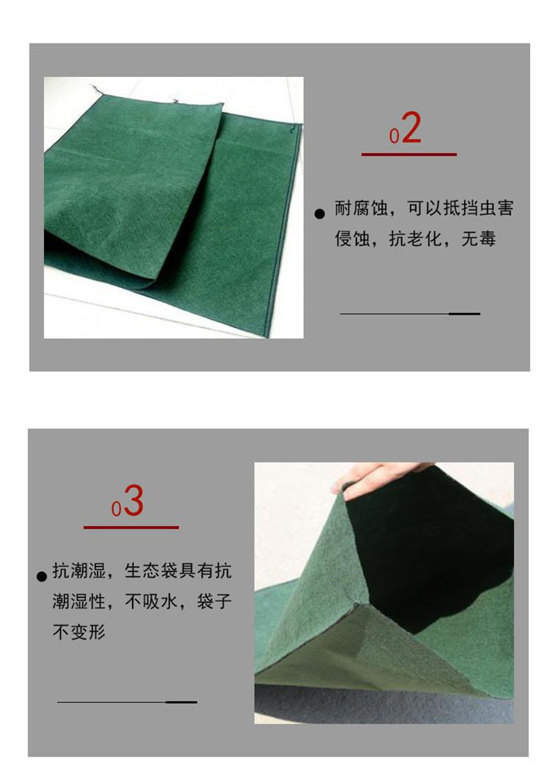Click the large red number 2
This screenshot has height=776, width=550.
[411, 128]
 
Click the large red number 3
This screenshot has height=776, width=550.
[133, 501]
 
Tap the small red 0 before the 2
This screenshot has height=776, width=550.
[394, 137]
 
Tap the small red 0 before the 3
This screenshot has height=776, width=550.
[116, 509]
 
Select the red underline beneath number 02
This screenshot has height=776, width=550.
[409, 155]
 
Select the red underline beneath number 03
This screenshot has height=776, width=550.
[131, 528]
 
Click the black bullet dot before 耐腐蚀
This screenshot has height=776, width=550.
[320, 214]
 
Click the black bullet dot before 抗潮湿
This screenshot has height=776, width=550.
[42, 577]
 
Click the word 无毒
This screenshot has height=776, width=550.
[478, 239]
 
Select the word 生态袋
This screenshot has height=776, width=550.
[151, 571]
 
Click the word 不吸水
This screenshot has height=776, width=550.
[151, 602]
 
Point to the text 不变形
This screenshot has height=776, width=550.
[79, 632]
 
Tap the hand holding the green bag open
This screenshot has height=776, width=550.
[379, 476]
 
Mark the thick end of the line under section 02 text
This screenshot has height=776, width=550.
[464, 313]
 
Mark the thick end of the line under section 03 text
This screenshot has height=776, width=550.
[181, 702]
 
